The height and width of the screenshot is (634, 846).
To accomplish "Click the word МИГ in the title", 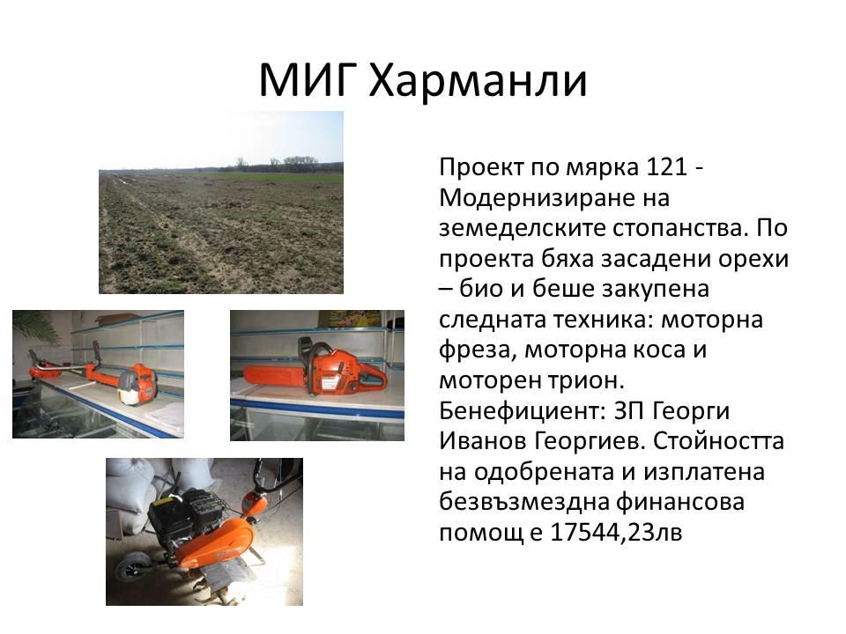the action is (306, 80).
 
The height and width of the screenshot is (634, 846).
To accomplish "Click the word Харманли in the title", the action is (478, 80).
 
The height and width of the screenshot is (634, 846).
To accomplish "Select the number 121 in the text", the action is (666, 167).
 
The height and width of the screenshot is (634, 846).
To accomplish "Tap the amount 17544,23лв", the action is (616, 533).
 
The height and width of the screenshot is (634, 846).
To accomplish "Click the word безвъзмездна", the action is (523, 503).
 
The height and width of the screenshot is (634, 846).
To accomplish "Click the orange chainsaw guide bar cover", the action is (272, 374).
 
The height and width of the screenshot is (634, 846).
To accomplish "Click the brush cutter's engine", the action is (137, 384).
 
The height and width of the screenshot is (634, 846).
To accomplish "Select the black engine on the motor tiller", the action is (184, 514).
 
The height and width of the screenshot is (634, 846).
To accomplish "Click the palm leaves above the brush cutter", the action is (35, 326).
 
